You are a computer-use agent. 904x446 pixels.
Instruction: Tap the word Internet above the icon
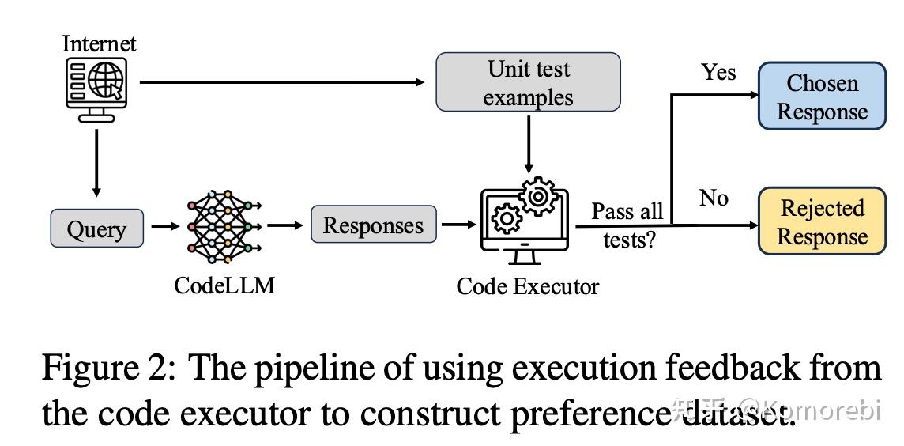click(99, 43)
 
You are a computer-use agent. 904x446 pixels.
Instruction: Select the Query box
click(96, 229)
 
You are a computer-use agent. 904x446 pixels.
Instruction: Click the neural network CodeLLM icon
click(224, 226)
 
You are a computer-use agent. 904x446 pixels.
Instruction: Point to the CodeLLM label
click(224, 285)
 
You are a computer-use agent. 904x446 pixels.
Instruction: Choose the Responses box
click(373, 225)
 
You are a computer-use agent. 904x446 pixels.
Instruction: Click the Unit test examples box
click(528, 82)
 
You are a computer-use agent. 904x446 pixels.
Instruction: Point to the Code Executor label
click(527, 285)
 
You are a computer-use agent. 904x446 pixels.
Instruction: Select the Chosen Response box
click(822, 96)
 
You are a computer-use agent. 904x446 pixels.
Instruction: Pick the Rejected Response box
click(822, 221)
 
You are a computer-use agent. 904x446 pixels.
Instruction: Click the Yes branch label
click(718, 72)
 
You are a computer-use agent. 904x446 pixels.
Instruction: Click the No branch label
click(714, 198)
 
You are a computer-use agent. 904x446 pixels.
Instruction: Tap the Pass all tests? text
click(628, 225)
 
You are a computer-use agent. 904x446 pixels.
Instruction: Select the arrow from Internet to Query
click(96, 162)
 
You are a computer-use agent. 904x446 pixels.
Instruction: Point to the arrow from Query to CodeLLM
click(164, 227)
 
